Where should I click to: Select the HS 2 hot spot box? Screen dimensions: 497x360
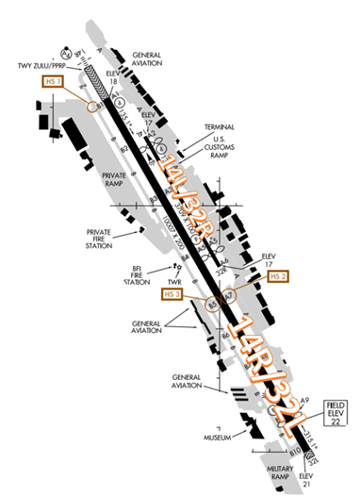[276, 276]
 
